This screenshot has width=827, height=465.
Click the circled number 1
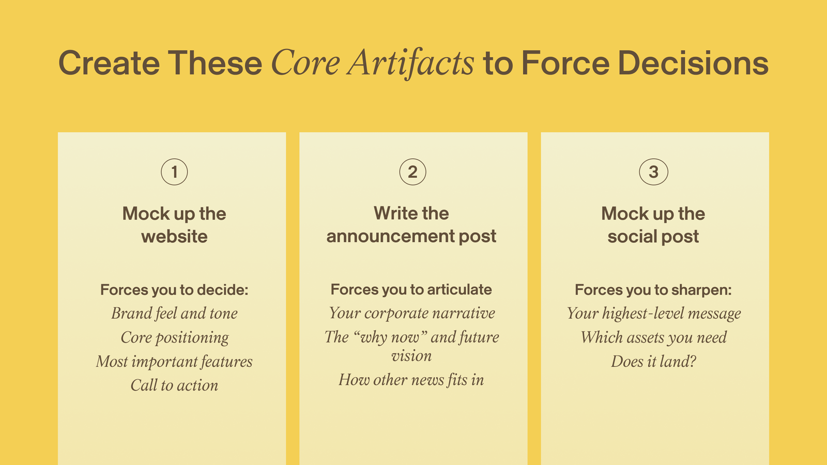[174, 172]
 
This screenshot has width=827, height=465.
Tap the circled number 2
[413, 172]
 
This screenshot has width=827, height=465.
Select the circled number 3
[653, 172]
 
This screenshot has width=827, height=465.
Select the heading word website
[174, 236]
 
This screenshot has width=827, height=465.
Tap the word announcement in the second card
[391, 236]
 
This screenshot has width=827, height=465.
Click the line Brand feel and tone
[174, 313]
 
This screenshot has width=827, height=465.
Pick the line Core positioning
[174, 338]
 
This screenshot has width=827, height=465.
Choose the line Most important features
[174, 361]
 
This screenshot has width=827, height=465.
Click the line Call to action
[174, 385]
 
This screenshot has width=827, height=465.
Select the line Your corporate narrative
[411, 313]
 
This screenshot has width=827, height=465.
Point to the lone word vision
[411, 356]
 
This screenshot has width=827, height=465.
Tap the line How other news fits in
[411, 380]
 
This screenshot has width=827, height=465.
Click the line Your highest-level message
[653, 313]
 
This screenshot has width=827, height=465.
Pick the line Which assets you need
[653, 337]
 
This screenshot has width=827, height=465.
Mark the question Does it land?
[653, 361]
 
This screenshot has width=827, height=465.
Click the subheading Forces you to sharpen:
[653, 290]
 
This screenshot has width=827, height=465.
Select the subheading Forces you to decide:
[174, 290]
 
